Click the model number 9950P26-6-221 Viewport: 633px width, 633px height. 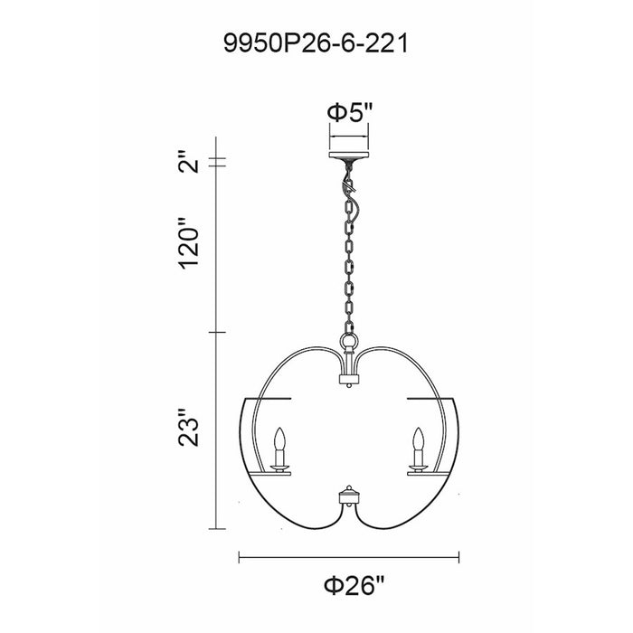316,43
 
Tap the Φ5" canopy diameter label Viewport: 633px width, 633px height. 349,112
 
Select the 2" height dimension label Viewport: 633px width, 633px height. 188,162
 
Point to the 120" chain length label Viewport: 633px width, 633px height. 188,243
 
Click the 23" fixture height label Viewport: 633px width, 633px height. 188,428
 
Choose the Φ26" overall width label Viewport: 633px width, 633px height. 354,585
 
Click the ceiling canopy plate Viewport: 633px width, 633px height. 349,155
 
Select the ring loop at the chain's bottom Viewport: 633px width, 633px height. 349,339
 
